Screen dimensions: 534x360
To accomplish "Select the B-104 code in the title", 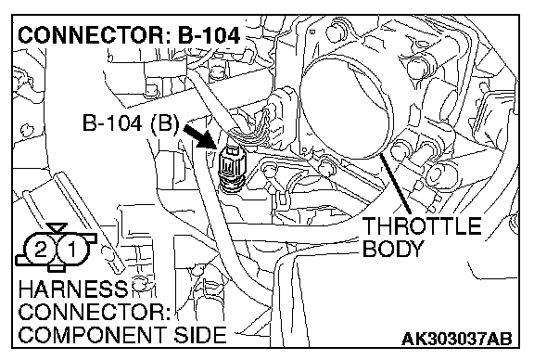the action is click(x=210, y=35).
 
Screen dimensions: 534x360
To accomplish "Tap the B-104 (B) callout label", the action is click(x=131, y=122).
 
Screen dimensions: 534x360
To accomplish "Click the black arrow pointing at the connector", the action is click(x=199, y=136).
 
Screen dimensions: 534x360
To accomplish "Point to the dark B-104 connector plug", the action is click(x=231, y=167).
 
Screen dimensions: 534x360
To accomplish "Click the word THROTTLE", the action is click(x=421, y=225).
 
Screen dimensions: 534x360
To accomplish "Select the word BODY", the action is click(x=392, y=249).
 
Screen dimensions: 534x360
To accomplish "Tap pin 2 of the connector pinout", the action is click(x=41, y=250).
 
